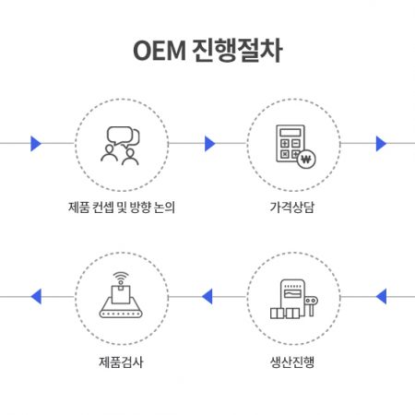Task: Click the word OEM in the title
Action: (160, 51)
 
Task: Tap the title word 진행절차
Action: (237, 51)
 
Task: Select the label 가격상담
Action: (292, 207)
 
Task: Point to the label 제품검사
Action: (121, 362)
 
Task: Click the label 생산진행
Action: (292, 362)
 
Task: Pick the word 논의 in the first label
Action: (164, 207)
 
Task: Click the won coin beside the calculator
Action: (306, 160)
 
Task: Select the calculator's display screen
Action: (290, 133)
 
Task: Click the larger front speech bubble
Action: (119, 136)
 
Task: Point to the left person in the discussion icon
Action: (109, 153)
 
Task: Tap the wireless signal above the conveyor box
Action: (121, 277)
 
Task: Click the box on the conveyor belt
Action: (121, 294)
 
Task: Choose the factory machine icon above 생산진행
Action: (293, 299)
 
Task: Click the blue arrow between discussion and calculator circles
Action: (209, 144)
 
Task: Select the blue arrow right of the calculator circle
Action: (381, 144)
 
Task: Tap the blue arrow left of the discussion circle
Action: (36, 144)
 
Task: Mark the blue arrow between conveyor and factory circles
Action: (207, 296)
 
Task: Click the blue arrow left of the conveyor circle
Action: (36, 296)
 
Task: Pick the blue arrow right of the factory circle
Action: (381, 296)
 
